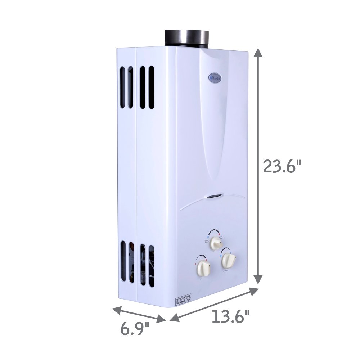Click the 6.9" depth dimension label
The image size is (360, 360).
pos(135,329)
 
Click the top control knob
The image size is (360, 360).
pos(216,243)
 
